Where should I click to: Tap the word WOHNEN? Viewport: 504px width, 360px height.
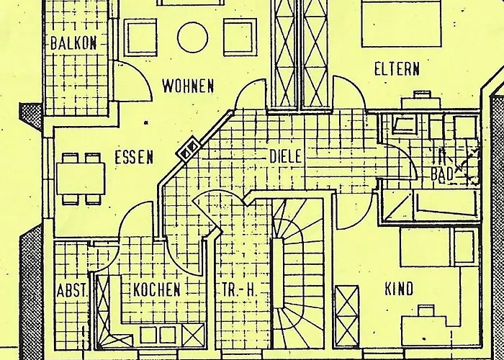(x=188, y=86)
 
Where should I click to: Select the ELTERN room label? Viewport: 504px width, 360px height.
(x=397, y=69)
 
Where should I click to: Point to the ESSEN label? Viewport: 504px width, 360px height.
(x=133, y=156)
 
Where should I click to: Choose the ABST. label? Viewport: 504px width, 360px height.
(x=71, y=292)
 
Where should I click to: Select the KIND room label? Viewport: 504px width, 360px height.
(x=400, y=289)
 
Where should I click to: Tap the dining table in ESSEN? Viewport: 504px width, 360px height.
(x=80, y=176)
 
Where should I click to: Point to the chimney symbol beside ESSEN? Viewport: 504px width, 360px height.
(x=189, y=149)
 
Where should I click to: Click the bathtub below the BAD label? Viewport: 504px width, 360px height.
(x=428, y=204)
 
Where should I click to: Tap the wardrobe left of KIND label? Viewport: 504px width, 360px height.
(x=347, y=310)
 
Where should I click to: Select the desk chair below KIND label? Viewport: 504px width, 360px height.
(x=425, y=310)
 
